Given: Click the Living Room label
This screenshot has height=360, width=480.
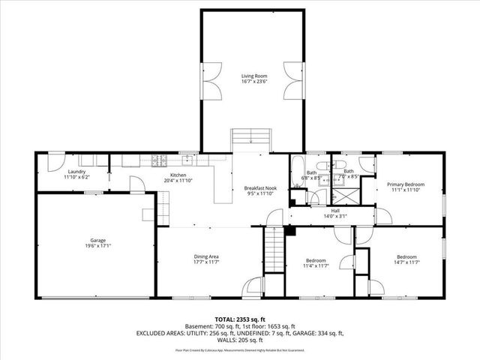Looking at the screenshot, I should click(x=253, y=76).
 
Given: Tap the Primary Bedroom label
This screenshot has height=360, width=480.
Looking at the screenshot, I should click(x=406, y=184).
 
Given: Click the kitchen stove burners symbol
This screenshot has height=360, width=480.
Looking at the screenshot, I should click(x=159, y=159).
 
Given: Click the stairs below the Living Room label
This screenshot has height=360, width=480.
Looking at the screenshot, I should click(x=250, y=136).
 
